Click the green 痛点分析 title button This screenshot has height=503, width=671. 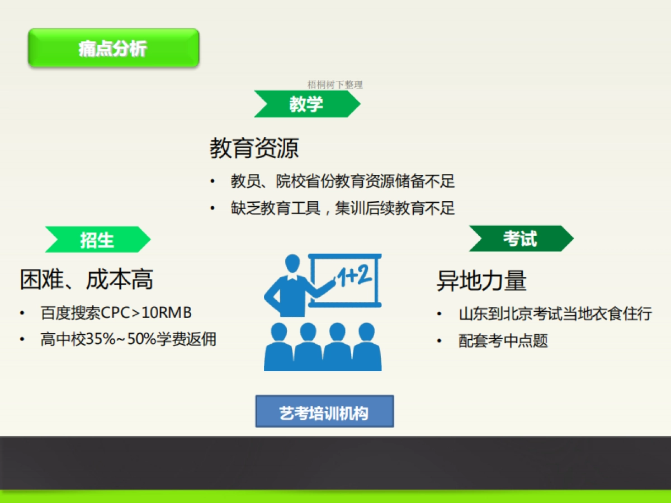pyautogui.click(x=114, y=48)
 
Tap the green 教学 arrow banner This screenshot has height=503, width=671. pyautogui.click(x=306, y=104)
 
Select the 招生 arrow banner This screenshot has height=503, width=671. pyautogui.click(x=97, y=240)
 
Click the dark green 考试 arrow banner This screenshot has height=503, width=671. pyautogui.click(x=521, y=239)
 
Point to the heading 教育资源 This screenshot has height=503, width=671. pyautogui.click(x=254, y=148)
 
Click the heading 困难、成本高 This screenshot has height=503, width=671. pyautogui.click(x=87, y=279)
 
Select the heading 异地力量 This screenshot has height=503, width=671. pyautogui.click(x=481, y=281)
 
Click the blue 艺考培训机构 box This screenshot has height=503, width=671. pyautogui.click(x=324, y=412)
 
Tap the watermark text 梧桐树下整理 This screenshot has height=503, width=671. pyautogui.click(x=335, y=84)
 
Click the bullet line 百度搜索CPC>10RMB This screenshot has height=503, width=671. pyautogui.click(x=116, y=313)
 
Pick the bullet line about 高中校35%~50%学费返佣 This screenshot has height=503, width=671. pyautogui.click(x=128, y=339)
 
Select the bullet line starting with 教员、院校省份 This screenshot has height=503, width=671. pyautogui.click(x=342, y=181)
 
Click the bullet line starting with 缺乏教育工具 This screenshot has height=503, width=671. pyautogui.click(x=342, y=208)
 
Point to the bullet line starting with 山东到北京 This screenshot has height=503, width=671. pyautogui.click(x=555, y=314)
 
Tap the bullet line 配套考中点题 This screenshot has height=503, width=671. pyautogui.click(x=503, y=341)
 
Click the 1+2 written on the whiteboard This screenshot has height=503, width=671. pyautogui.click(x=353, y=277)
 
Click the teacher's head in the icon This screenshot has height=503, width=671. pyautogui.click(x=292, y=264)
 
